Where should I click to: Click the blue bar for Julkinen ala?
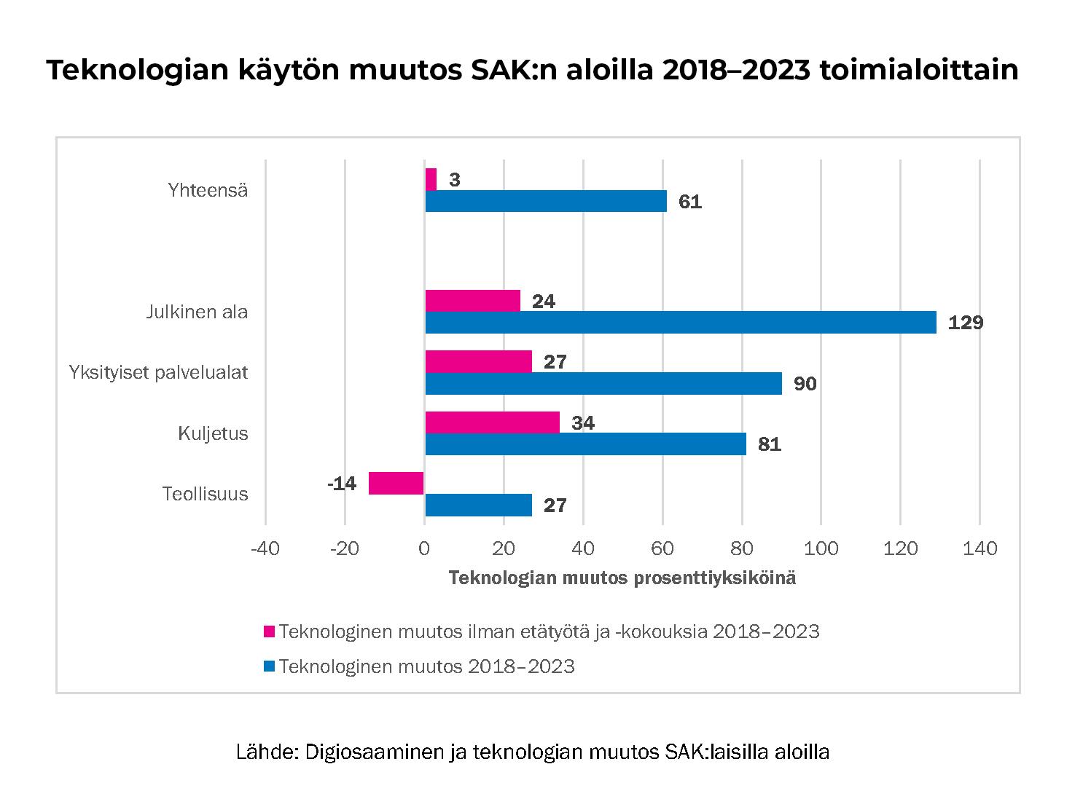coord(680,323)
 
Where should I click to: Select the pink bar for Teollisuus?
coord(396,483)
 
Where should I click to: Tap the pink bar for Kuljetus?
coord(492,422)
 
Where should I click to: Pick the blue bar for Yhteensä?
coord(545,201)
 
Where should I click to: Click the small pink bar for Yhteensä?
coord(431,179)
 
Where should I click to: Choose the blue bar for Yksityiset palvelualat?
coord(603,383)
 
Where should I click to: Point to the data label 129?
coord(965,323)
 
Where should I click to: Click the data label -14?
coord(342,484)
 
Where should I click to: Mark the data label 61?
coord(689,202)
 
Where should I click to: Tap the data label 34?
coord(583,423)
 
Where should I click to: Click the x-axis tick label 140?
coord(980,548)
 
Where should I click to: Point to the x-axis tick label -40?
coord(265,548)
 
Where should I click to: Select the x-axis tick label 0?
coord(424,548)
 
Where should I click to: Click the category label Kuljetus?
coord(213,434)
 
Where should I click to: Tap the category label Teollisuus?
coord(205,495)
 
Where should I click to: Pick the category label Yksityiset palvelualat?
coord(158,373)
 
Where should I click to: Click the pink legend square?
coord(270,631)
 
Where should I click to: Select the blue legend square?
coord(270,666)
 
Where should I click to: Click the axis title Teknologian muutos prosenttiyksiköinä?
coord(622,578)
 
